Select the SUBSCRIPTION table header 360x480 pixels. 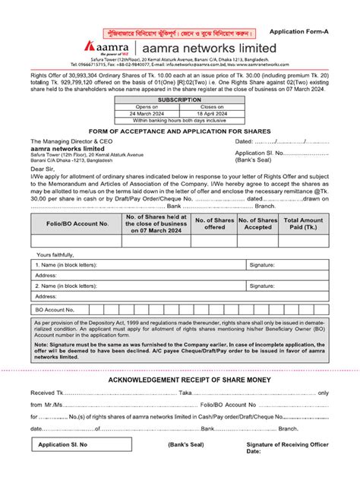(x=179, y=99)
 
